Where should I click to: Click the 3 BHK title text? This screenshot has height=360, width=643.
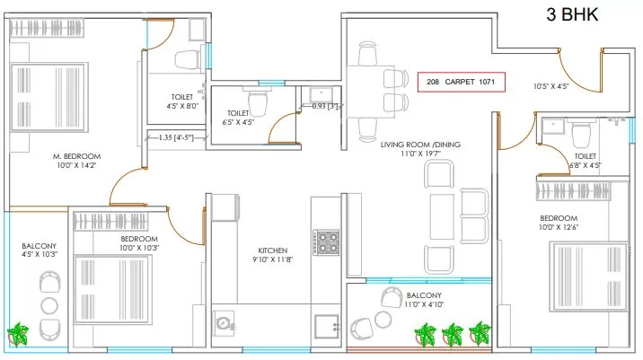(x=572, y=14)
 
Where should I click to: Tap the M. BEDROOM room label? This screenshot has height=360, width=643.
(x=76, y=156)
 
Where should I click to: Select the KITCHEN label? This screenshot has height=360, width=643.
(x=273, y=250)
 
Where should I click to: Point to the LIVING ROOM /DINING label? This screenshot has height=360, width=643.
(x=420, y=145)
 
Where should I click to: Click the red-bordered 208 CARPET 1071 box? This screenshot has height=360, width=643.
(x=462, y=82)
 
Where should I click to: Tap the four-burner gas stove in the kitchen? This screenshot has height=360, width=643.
(x=326, y=242)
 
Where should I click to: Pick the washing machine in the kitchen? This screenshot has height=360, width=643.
(x=224, y=322)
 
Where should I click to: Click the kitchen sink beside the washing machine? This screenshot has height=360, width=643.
(x=327, y=327)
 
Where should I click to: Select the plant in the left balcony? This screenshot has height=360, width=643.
(x=18, y=334)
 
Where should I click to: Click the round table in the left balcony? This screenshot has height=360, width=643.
(x=49, y=306)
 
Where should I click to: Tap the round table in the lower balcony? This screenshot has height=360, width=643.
(x=383, y=320)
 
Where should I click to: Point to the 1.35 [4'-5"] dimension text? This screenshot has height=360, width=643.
(x=176, y=137)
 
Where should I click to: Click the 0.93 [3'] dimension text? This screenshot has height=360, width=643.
(x=325, y=106)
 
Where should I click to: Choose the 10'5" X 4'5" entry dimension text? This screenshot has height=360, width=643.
(x=551, y=86)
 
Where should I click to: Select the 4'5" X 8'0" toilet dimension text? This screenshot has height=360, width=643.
(x=182, y=106)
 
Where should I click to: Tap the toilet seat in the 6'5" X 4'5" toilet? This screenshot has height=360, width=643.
(x=258, y=103)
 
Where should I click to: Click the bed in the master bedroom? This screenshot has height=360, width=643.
(x=49, y=97)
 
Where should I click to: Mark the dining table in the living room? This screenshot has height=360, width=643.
(x=371, y=92)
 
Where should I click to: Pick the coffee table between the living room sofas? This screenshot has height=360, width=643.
(x=442, y=217)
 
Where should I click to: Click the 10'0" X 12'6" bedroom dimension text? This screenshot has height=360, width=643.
(x=558, y=227)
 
